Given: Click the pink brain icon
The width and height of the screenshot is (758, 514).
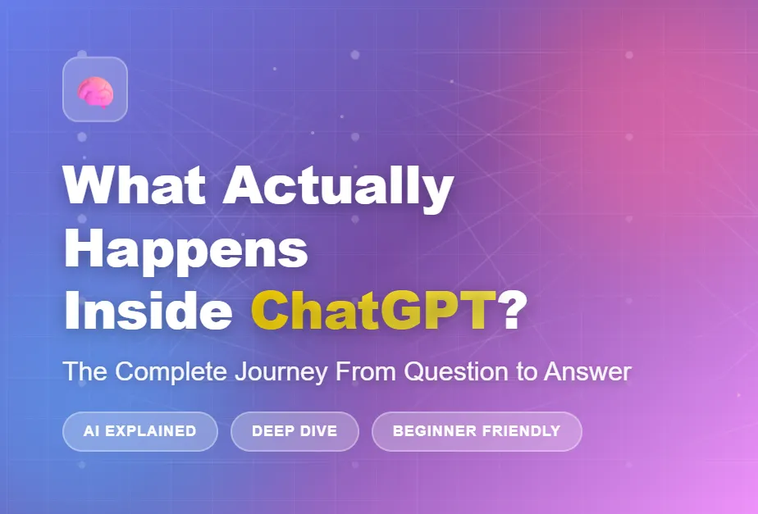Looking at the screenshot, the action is coord(95,92).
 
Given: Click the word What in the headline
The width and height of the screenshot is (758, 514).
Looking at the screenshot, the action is coord(135,185).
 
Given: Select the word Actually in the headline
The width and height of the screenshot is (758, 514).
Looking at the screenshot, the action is coord(338,189).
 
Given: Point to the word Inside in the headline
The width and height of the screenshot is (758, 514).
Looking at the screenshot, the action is coord(148,310).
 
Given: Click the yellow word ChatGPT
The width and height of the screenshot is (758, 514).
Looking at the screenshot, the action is coord(374,310).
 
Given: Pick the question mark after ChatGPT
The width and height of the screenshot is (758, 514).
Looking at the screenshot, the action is coord(512,310).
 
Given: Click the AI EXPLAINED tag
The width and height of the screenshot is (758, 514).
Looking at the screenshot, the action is coord(140,431).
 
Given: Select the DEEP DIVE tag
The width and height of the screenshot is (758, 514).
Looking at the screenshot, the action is coord(295,431).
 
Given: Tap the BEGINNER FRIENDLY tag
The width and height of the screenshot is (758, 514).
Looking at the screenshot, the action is coord(477,431).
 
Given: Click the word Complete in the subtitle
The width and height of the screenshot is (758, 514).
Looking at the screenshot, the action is coord(171,372).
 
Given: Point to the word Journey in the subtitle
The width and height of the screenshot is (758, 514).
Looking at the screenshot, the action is coord(281,372).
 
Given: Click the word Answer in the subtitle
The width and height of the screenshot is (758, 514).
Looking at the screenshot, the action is coord(588,371).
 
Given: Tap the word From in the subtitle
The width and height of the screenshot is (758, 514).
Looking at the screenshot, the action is coord(366,371).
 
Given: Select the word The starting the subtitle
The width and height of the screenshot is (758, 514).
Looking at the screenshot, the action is coord(85,371).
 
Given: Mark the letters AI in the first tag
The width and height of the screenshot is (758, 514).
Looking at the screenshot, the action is coord(92,431).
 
